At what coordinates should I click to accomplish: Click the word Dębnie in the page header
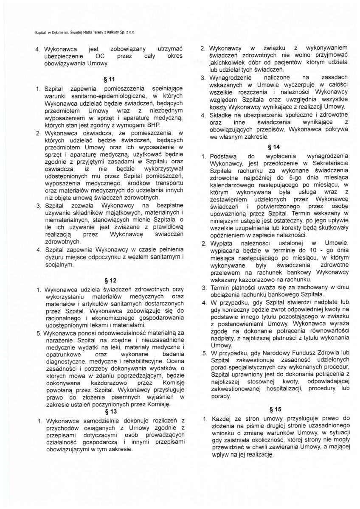click(x=57, y=32)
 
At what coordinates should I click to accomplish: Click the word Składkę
click(x=222, y=115)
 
